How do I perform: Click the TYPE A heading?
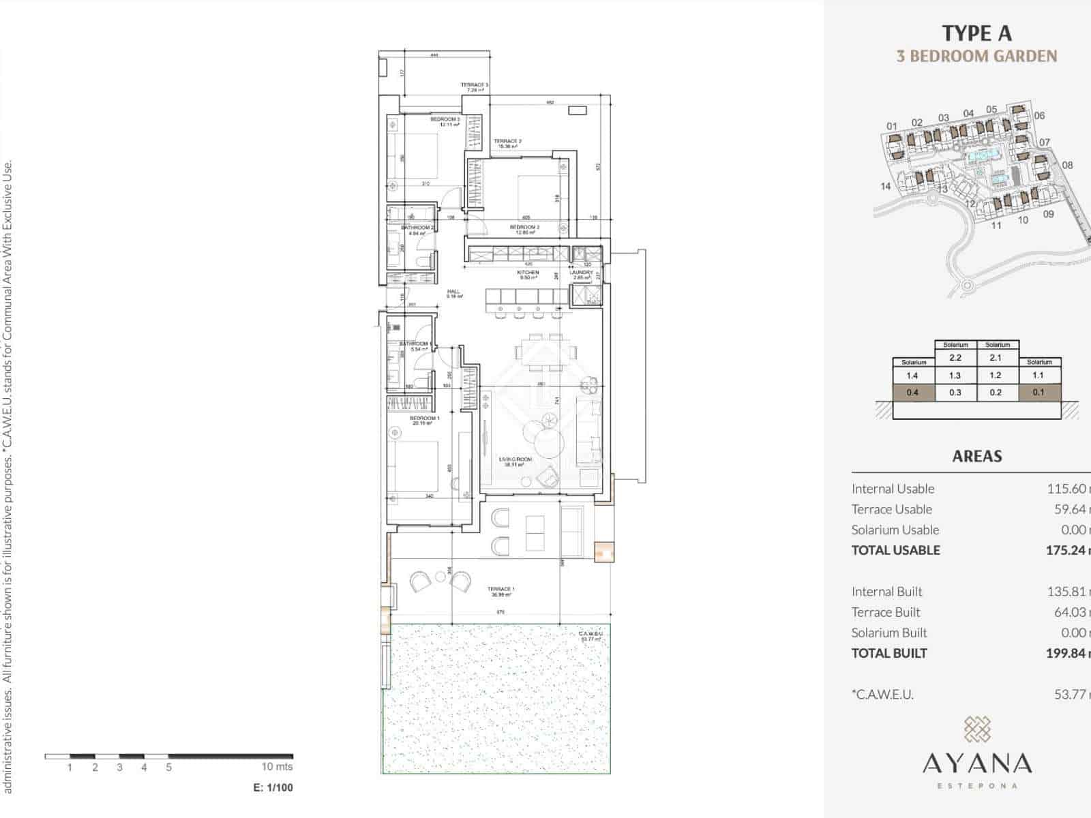[976, 33]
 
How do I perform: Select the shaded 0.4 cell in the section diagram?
[912, 392]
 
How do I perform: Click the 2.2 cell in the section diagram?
[955, 357]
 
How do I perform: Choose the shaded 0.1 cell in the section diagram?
[1038, 392]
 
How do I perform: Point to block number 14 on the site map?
[885, 186]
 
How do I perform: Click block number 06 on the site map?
[1039, 115]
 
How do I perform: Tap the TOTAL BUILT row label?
[889, 653]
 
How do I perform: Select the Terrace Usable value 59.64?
[1070, 509]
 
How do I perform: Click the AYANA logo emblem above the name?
[977, 729]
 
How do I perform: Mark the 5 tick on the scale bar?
[168, 767]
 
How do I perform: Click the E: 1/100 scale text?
[273, 787]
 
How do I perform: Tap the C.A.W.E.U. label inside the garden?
[591, 635]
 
